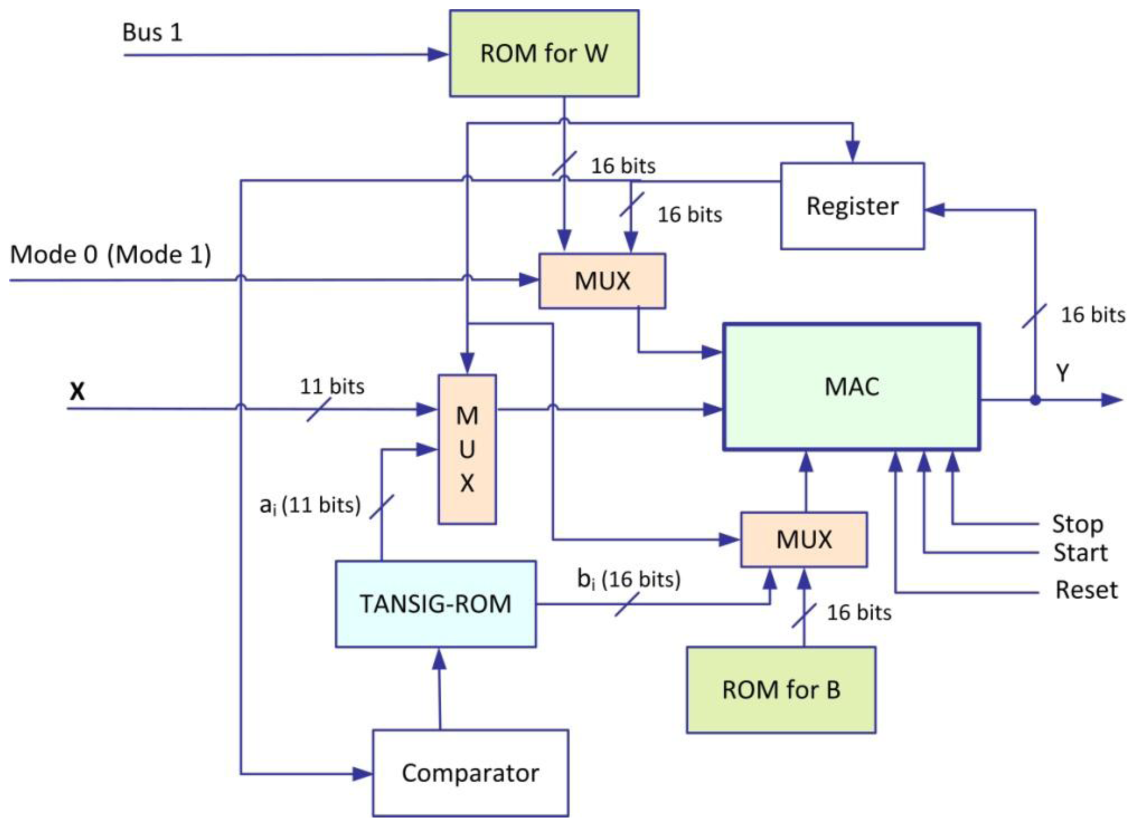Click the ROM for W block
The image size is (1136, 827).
(544, 53)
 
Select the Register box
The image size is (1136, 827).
(852, 206)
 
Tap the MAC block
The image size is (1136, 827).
(851, 387)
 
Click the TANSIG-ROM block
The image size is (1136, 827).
(435, 603)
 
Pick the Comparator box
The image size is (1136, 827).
(470, 773)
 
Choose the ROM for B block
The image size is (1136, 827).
(781, 690)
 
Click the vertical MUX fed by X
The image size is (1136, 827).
(467, 449)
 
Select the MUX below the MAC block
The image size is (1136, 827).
(803, 540)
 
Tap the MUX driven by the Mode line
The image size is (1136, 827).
(602, 281)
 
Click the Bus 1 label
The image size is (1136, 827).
(152, 32)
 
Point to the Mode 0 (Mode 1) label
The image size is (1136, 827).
(111, 255)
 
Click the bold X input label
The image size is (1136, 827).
(77, 391)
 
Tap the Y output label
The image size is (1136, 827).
(1063, 373)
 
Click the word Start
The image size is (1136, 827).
(1080, 552)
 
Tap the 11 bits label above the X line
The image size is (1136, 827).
(332, 387)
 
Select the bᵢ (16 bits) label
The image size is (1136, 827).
(629, 580)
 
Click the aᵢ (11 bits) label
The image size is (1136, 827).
(310, 505)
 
